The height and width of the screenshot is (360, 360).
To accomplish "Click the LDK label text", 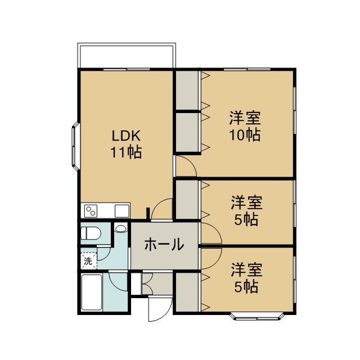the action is (126, 136).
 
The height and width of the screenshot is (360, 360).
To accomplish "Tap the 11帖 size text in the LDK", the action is (126, 152).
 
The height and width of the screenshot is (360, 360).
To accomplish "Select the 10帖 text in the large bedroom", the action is (245, 134).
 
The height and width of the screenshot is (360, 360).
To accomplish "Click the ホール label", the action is (164, 244).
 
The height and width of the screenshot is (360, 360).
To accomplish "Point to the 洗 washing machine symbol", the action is (88, 261).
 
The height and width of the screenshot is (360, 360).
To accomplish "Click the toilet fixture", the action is (91, 233).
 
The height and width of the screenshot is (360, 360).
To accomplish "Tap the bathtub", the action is (92, 292).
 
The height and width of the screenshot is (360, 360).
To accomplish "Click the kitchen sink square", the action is (122, 211).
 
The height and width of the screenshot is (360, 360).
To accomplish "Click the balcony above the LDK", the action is (127, 55).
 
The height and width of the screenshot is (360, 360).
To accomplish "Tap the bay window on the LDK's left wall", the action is (75, 146).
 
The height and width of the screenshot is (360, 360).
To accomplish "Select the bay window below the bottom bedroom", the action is (257, 316).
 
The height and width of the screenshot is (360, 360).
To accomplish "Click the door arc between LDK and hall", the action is (156, 204).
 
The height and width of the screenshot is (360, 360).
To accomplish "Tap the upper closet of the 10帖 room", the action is (187, 90).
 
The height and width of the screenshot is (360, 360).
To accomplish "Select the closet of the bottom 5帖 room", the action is (187, 292).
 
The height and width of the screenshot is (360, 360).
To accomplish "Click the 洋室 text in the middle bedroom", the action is (246, 202).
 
